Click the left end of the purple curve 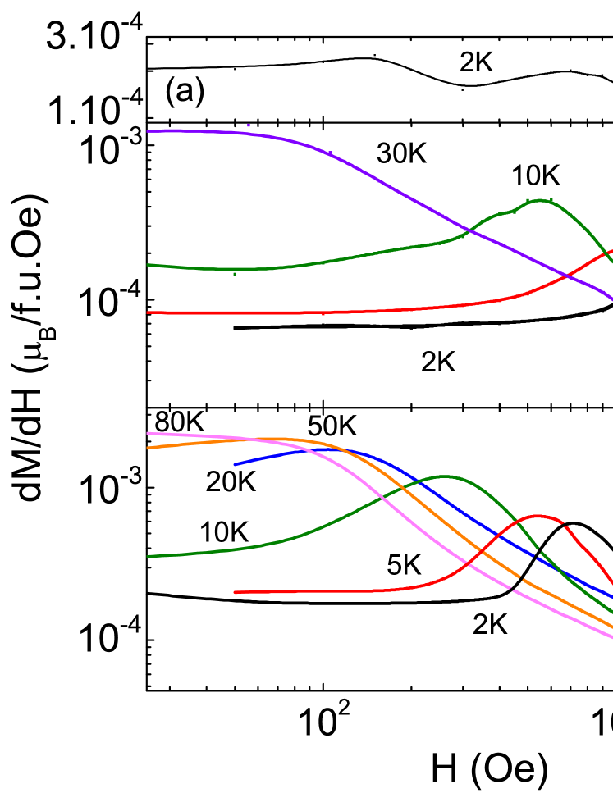[x=148, y=131]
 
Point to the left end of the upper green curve [x=148, y=265]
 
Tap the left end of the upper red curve [x=148, y=312]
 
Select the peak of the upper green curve [x=540, y=200]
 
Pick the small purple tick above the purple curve [x=249, y=125]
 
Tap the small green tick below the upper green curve [x=235, y=273]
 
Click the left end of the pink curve [x=148, y=433]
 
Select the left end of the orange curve [x=148, y=448]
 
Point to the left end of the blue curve [x=235, y=465]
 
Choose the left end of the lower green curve [x=148, y=557]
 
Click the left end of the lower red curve [x=236, y=592]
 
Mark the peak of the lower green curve [x=445, y=476]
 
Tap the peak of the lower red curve [x=538, y=516]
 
